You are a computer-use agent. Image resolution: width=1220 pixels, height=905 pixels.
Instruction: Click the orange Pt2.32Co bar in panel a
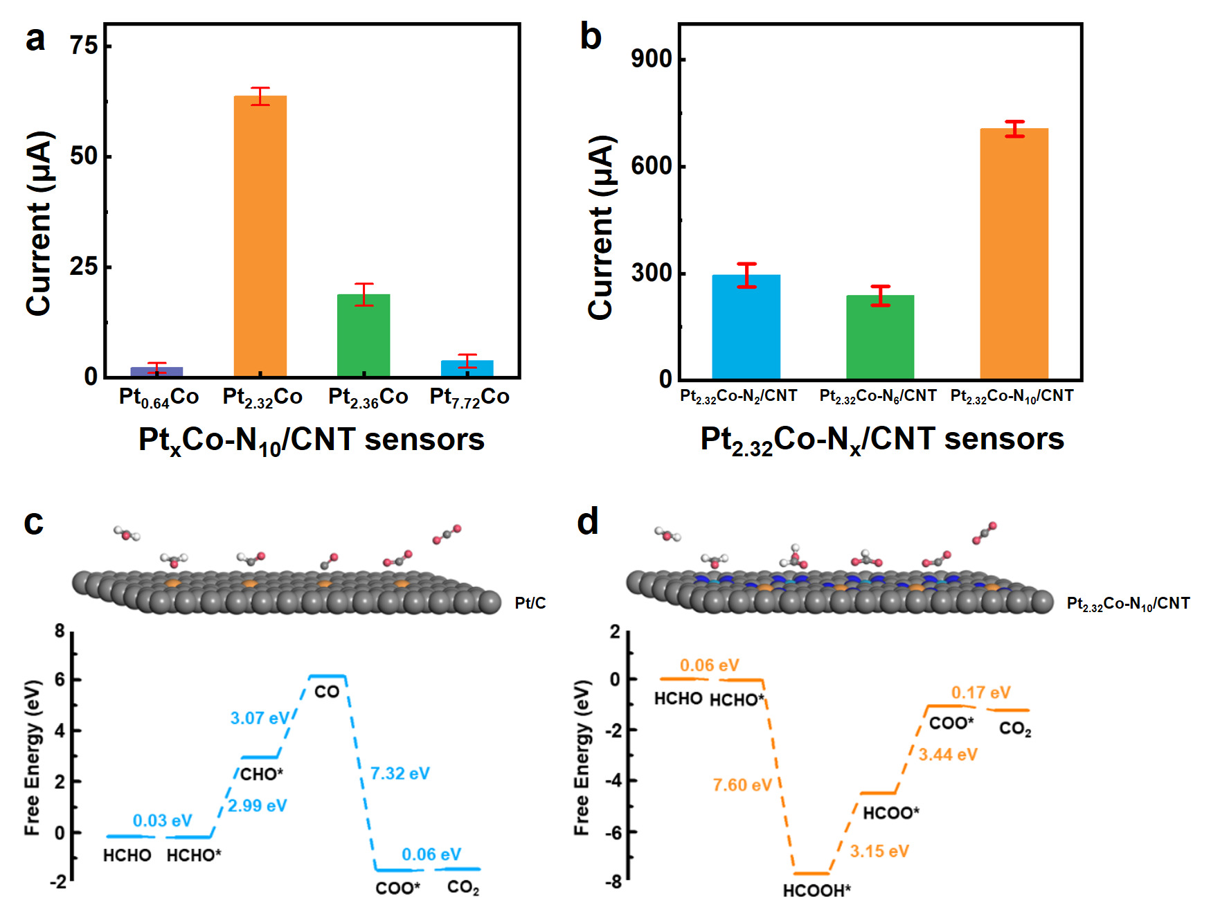pos(260,236)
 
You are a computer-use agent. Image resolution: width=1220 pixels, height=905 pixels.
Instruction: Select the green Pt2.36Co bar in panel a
pos(364,336)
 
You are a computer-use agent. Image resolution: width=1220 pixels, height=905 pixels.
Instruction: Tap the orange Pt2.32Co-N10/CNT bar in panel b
pos(1014,253)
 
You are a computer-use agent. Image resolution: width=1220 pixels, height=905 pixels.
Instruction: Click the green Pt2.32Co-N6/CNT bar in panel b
pos(879,337)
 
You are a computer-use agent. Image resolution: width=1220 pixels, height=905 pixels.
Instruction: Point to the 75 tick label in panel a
pos(84,46)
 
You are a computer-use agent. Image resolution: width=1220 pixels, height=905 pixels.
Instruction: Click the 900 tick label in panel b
pos(652,59)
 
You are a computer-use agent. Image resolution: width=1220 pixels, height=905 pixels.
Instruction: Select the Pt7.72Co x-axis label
pos(469,397)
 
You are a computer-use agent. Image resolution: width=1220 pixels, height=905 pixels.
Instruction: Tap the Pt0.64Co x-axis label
pos(159,397)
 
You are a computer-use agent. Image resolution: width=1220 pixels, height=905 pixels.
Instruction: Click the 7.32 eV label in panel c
pos(400,773)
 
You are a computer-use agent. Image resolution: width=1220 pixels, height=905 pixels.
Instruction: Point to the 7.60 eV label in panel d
pos(742,785)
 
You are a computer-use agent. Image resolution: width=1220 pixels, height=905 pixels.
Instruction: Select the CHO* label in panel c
pos(261,774)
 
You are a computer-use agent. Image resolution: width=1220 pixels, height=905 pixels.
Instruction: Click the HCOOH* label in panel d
pos(816,890)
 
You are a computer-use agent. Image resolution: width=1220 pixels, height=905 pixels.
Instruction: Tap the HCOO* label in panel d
pos(890,813)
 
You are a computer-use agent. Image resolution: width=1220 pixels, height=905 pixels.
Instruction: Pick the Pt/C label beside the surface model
pos(530,603)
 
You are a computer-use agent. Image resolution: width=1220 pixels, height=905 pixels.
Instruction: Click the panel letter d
pos(588,521)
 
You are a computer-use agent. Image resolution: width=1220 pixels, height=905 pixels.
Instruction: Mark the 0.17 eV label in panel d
pos(980,692)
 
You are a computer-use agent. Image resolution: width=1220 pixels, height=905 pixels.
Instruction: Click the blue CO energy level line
pos(327,676)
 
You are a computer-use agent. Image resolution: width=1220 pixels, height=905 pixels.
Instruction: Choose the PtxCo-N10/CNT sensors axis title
pos(312,440)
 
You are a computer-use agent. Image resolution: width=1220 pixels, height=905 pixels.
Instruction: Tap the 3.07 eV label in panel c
pos(260,718)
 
